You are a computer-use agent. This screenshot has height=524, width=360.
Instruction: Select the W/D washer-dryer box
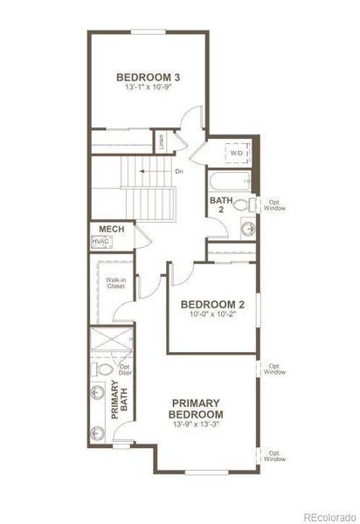pyautogui.click(x=237, y=153)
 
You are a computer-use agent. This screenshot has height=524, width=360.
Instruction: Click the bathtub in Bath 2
pyautogui.click(x=230, y=183)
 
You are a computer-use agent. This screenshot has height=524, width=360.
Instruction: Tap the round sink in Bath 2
pyautogui.click(x=248, y=229)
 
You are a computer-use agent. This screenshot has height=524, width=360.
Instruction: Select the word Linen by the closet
pyautogui.click(x=162, y=139)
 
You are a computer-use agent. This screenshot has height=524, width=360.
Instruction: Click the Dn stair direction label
pyautogui.click(x=179, y=170)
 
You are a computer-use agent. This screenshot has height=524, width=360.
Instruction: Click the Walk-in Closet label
pyautogui.click(x=117, y=282)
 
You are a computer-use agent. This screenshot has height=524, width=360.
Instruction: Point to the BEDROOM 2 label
pyautogui.click(x=212, y=305)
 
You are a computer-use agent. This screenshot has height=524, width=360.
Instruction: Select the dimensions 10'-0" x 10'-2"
pyautogui.click(x=212, y=315)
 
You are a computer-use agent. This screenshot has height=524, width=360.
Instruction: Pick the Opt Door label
pyautogui.click(x=126, y=369)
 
